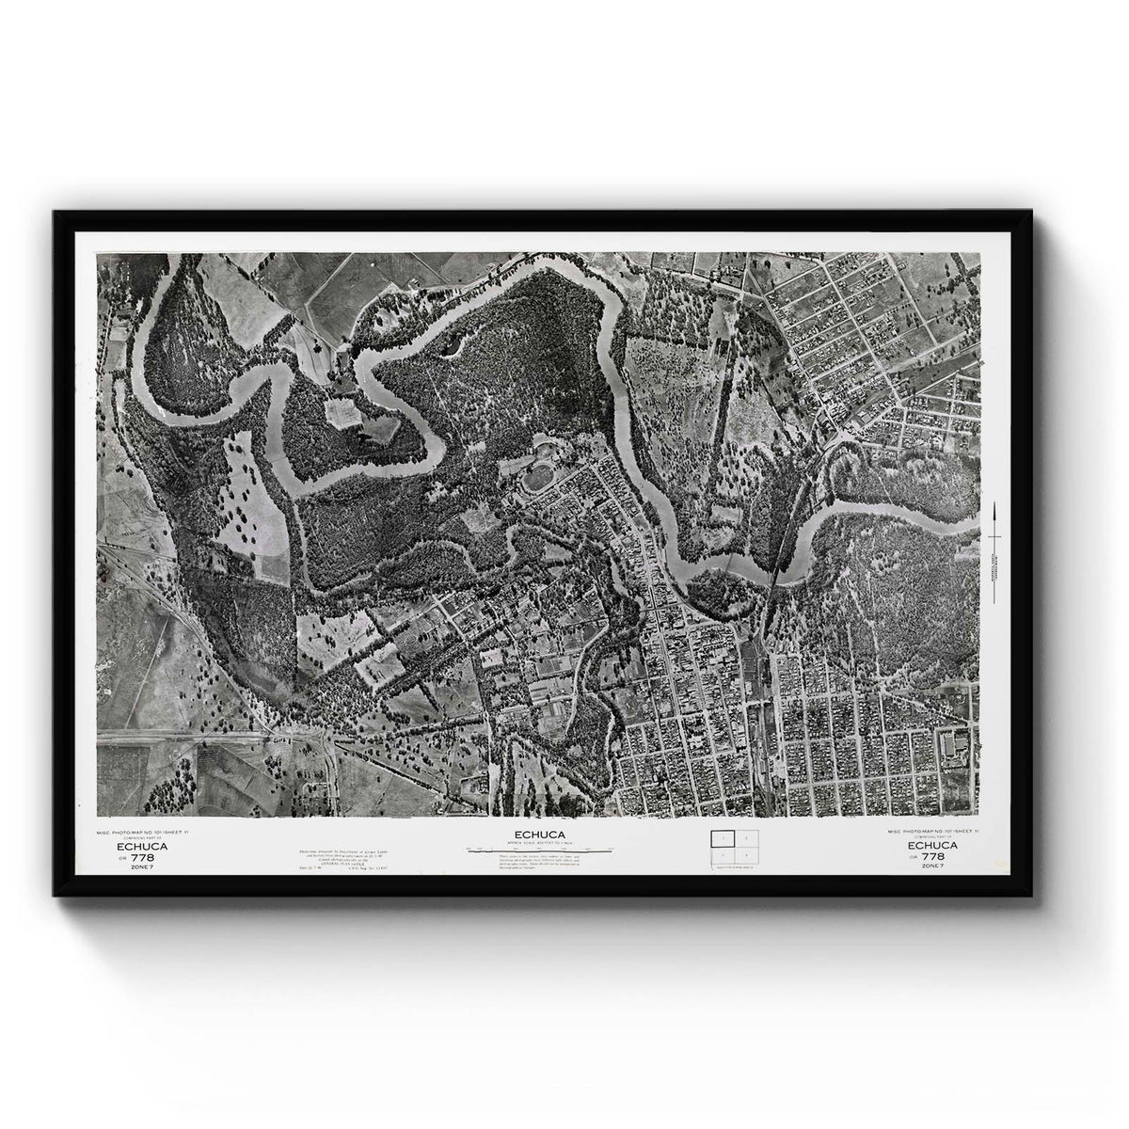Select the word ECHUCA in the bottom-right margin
[932, 846]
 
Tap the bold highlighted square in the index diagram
[722, 837]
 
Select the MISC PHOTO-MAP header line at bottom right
[932, 832]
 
